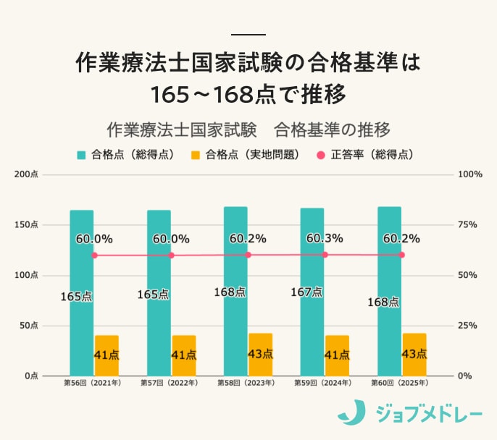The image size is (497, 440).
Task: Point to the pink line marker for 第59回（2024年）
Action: (x=325, y=255)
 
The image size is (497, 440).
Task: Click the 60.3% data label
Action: (x=325, y=238)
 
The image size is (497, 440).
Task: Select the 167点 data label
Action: (x=306, y=292)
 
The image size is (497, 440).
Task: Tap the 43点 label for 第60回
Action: (x=414, y=354)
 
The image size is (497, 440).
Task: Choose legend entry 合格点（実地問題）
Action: (x=246, y=154)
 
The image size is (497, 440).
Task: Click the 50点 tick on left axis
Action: (x=29, y=326)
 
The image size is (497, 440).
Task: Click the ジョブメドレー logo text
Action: (x=429, y=413)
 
